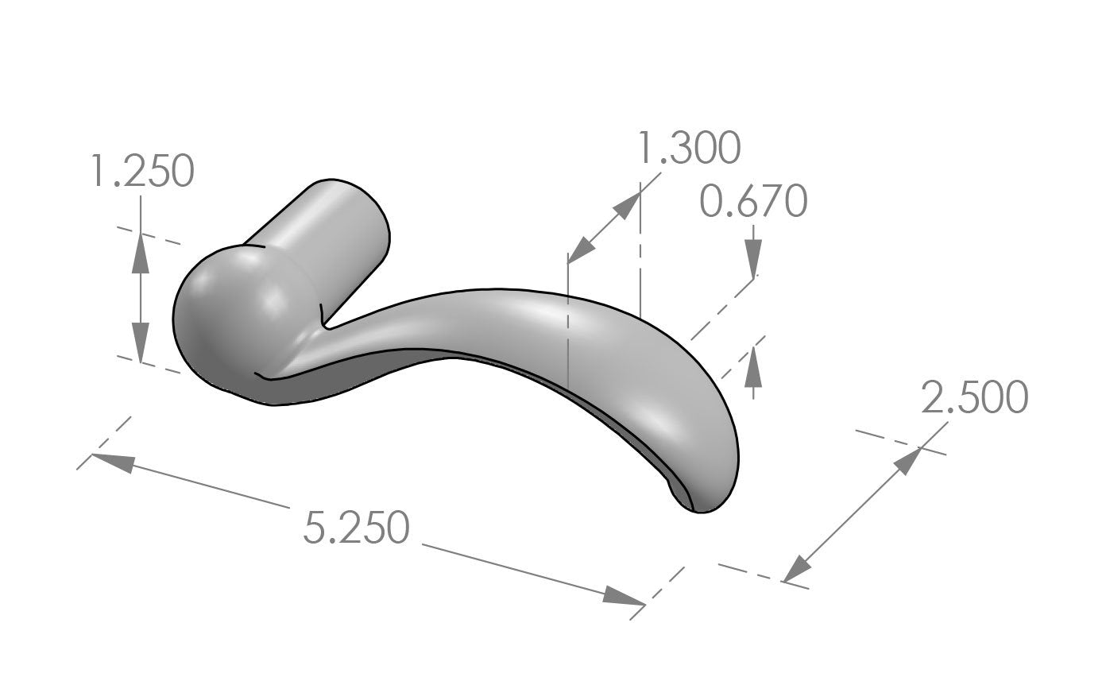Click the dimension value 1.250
coord(141,172)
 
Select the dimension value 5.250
coord(356,528)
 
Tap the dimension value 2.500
coord(974,397)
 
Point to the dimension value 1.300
coord(689,149)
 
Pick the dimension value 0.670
coord(753,202)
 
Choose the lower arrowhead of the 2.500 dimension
coord(797,569)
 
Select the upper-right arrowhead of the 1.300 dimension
coord(626,207)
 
